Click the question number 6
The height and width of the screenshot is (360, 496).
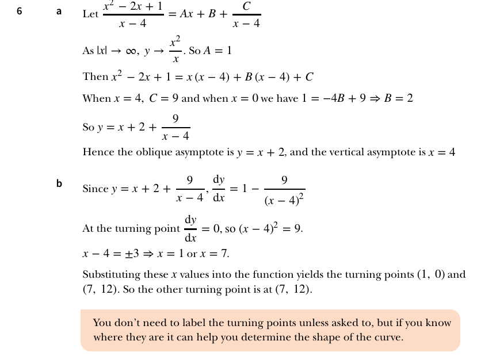tap(20, 10)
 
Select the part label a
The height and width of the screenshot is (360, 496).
tap(59, 11)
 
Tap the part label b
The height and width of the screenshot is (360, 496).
tap(59, 183)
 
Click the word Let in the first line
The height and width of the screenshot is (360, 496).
tap(90, 14)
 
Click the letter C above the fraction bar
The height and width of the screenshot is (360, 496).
tap(246, 6)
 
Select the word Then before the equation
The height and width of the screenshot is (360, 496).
tap(95, 76)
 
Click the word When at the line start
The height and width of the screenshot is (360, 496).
tap(97, 98)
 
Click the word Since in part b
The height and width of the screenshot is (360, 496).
tap(96, 189)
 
